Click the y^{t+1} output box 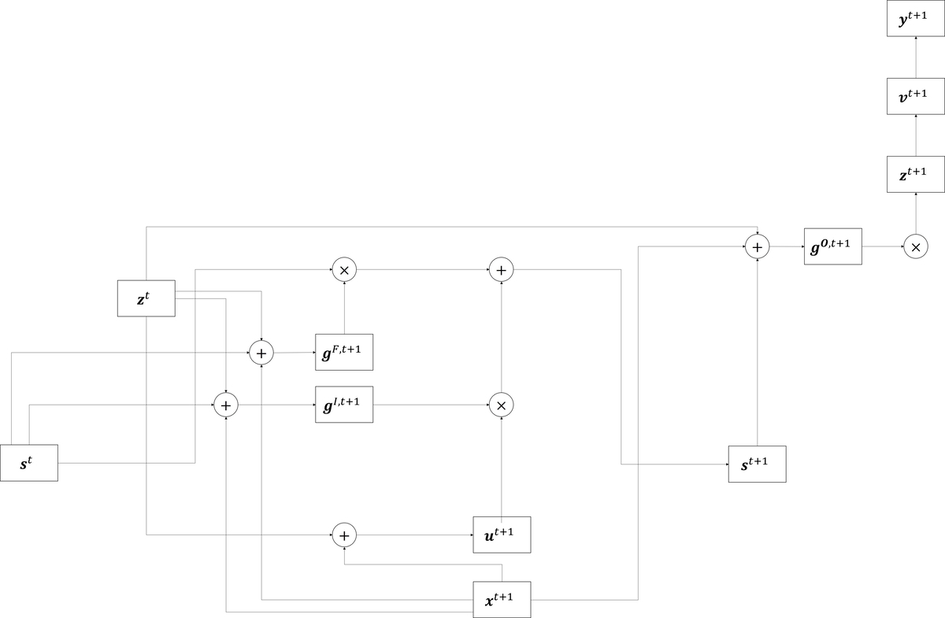coord(915,18)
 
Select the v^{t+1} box coord(915,96)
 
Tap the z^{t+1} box coord(915,174)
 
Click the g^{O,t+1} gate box coord(833,246)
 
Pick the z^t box coord(146,298)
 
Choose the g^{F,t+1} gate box coord(344,352)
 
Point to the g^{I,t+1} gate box coord(344,405)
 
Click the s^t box coord(29,463)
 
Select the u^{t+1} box coord(502,535)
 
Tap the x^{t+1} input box coord(502,599)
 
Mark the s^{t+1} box coord(758,464)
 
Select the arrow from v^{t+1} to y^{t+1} coord(915,57)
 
